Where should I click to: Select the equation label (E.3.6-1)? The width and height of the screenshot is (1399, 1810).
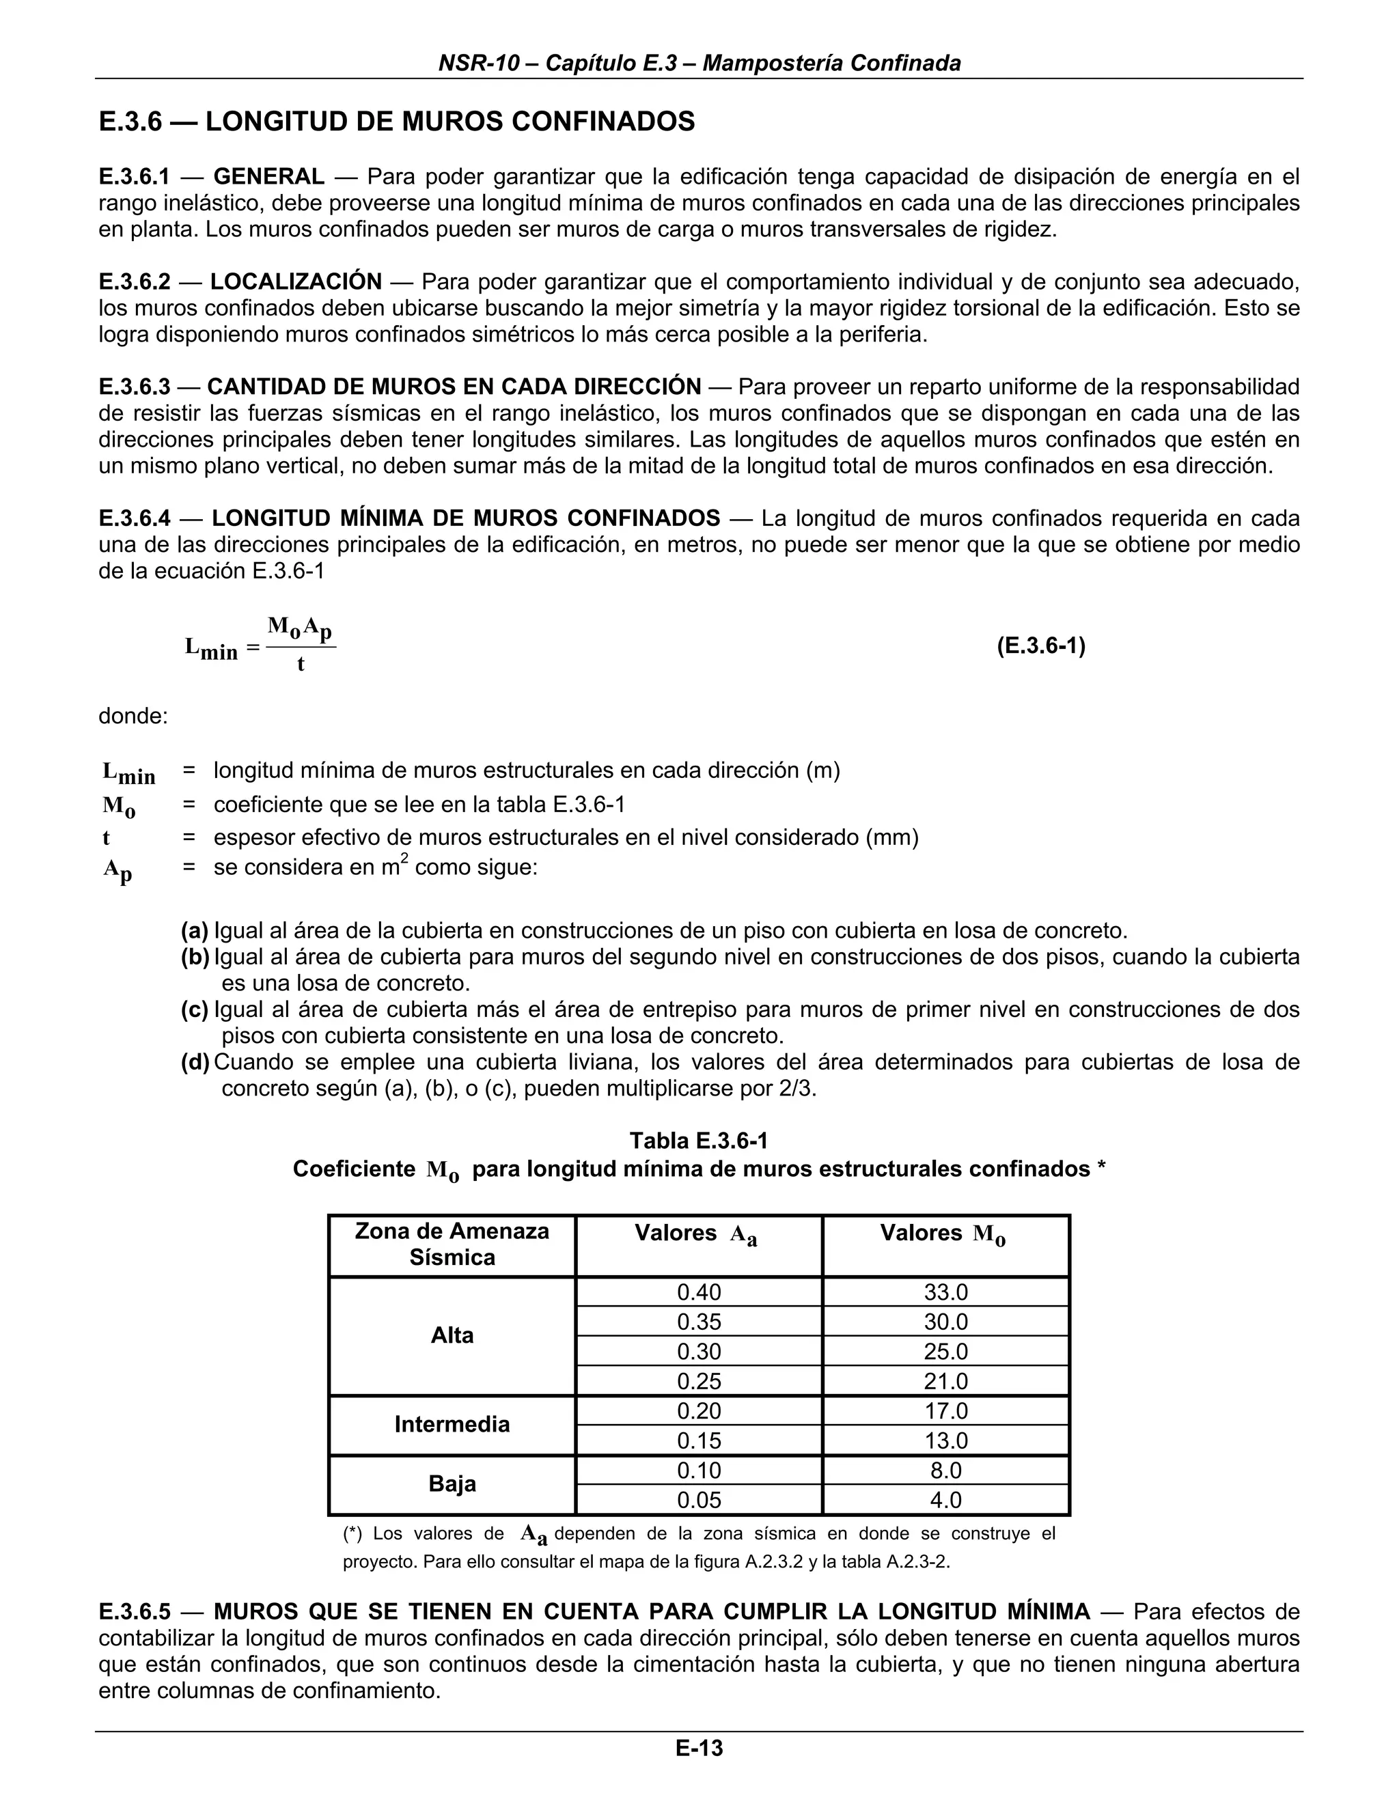(x=1040, y=645)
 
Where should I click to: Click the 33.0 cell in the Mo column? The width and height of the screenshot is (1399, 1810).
(x=945, y=1292)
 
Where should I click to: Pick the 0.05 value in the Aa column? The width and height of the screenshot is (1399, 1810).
(x=699, y=1500)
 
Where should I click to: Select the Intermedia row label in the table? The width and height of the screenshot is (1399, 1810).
(x=452, y=1425)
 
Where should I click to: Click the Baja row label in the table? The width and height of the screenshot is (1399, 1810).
(x=452, y=1484)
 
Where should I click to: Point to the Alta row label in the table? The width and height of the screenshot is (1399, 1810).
(x=452, y=1335)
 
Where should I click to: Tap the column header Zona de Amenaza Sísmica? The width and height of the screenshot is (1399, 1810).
(x=452, y=1244)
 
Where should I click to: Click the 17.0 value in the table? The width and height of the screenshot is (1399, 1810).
(x=945, y=1410)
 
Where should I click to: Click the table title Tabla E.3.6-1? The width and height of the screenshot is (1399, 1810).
(x=699, y=1141)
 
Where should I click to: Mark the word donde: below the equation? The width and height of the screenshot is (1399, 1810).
(x=133, y=716)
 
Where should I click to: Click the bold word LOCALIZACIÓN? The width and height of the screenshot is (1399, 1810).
(x=296, y=282)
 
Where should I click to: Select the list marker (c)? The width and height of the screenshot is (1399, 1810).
(x=195, y=1010)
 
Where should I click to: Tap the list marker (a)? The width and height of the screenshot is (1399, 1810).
(x=195, y=931)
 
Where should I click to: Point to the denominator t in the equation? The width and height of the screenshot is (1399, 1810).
(x=300, y=665)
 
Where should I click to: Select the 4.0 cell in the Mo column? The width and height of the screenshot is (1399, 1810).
(x=945, y=1500)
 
